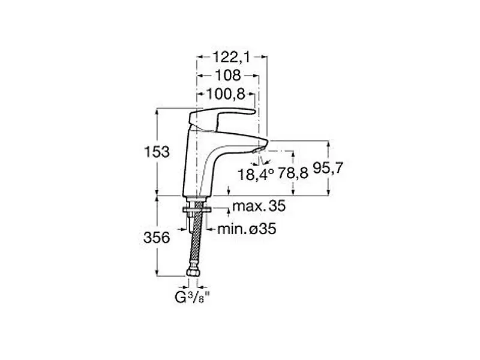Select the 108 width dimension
coord(228,76)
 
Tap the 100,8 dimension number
coord(226,94)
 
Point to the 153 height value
coord(157,152)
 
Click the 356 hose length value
coord(157,238)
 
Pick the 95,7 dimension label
coord(328,168)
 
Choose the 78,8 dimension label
coord(293,174)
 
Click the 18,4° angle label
coord(256,175)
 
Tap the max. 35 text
coord(259,206)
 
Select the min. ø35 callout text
coord(247,229)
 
